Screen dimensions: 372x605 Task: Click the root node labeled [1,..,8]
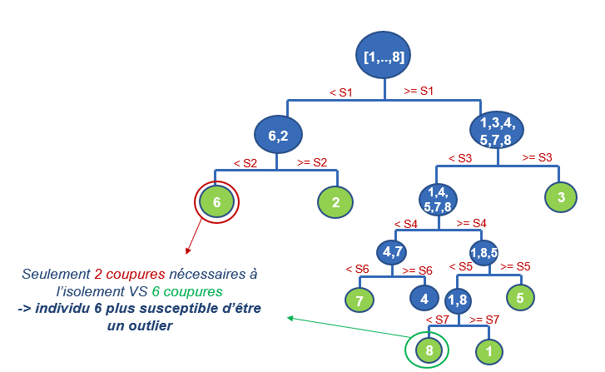[384, 57]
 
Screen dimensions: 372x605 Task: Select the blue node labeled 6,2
[278, 134]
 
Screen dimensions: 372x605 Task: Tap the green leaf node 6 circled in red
[216, 201]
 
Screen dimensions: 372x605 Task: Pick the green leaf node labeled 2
[336, 201]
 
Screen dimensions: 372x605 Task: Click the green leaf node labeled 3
[562, 197]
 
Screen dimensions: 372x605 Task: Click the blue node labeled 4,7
[393, 250]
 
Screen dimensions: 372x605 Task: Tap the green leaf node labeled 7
[360, 300]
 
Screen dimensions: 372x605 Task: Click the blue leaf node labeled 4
[425, 298]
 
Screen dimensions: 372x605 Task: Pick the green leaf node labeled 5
[519, 297]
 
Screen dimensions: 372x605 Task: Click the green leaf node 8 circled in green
[429, 350]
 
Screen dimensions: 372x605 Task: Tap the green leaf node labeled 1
[489, 350]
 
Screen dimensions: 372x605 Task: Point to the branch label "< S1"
[340, 92]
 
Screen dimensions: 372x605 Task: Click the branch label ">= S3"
[537, 156]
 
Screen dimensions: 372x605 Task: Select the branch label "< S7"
[438, 320]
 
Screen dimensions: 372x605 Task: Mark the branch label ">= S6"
[419, 270]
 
